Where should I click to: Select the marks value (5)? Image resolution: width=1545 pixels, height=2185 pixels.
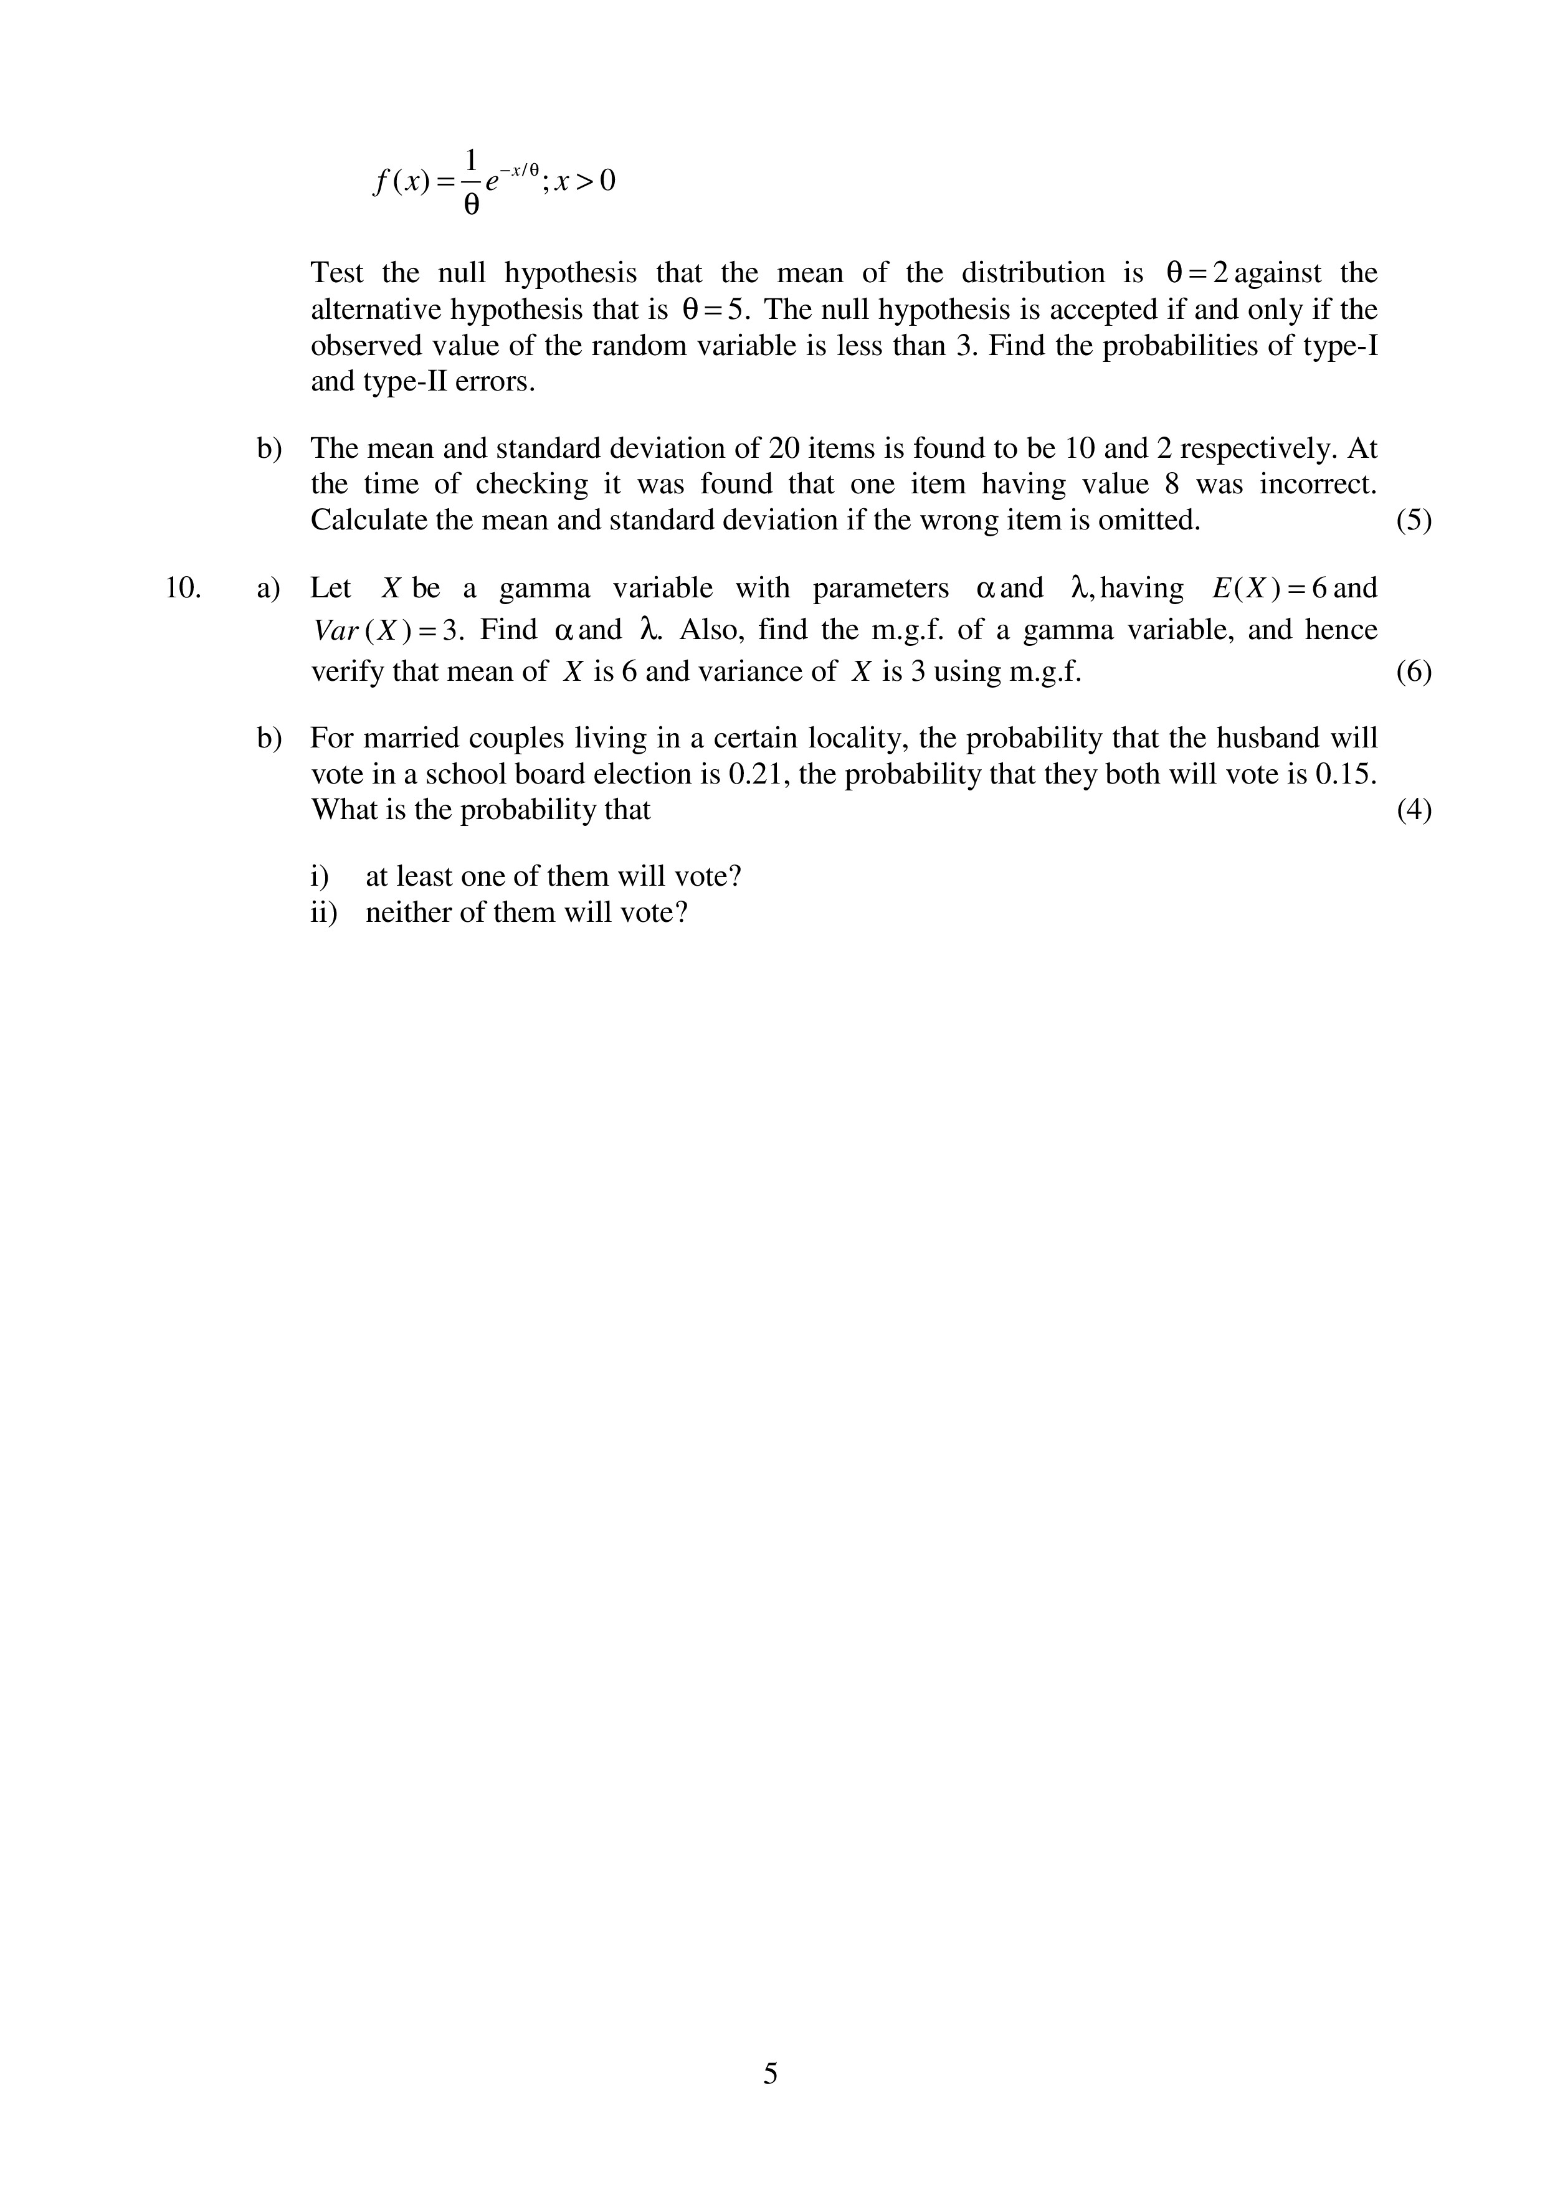(1414, 521)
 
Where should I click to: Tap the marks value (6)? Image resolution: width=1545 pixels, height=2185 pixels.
(1414, 672)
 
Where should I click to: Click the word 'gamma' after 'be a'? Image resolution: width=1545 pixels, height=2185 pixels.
(544, 588)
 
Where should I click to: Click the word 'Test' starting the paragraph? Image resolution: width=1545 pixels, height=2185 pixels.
(337, 273)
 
